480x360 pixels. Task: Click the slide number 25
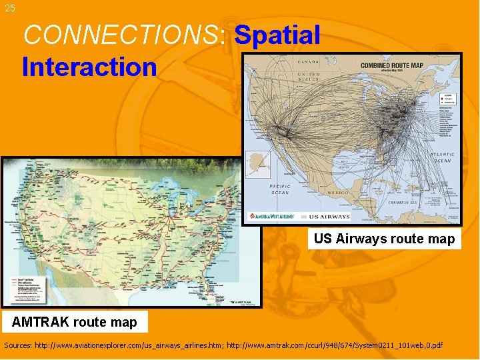[9, 8]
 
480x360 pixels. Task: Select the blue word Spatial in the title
[277, 35]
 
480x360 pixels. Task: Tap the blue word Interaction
[89, 67]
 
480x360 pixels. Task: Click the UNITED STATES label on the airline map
[308, 76]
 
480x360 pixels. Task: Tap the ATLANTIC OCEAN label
[443, 157]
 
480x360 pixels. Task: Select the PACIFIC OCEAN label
[279, 189]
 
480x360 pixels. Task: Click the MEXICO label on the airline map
[338, 192]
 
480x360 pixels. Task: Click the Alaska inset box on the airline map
[258, 164]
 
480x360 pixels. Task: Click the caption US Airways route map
[384, 239]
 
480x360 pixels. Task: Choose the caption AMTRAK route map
[74, 322]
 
